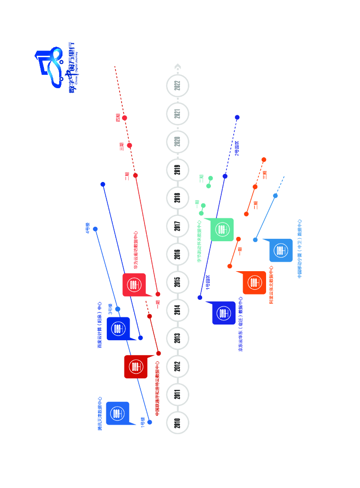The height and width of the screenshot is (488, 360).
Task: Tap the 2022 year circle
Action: (177, 86)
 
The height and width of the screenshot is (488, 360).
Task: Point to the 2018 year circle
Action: (177, 198)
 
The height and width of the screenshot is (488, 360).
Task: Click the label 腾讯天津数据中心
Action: (100, 414)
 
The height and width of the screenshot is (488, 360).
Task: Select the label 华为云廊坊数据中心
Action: (136, 251)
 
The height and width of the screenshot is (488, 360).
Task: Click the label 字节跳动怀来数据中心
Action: (199, 241)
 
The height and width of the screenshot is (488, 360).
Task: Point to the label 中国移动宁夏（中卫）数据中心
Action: (299, 249)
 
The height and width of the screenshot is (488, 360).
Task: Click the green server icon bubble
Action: (221, 230)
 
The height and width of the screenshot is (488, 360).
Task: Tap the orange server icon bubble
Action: (254, 283)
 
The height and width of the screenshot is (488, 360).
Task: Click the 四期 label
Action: (118, 117)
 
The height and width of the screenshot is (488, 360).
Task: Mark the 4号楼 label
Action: (88, 228)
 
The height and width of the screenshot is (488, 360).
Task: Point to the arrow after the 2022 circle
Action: (177, 66)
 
